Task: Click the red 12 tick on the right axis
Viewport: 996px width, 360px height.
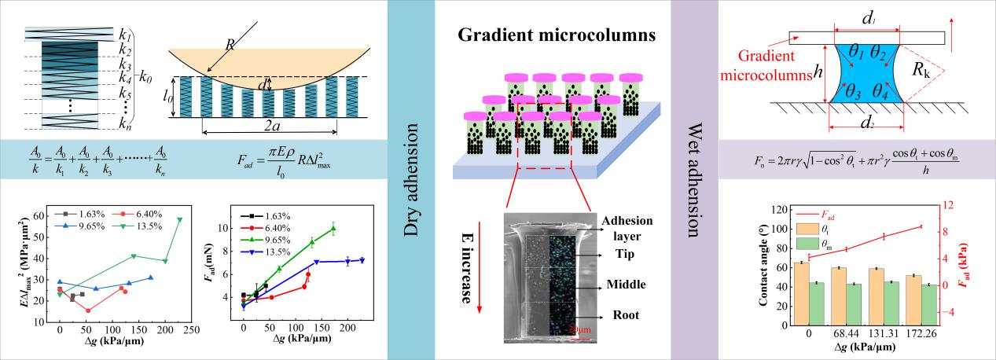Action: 967,206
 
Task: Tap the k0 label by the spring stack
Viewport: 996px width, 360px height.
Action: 145,77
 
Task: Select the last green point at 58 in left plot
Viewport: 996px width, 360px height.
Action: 180,219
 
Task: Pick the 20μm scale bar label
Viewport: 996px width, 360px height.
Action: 579,329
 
